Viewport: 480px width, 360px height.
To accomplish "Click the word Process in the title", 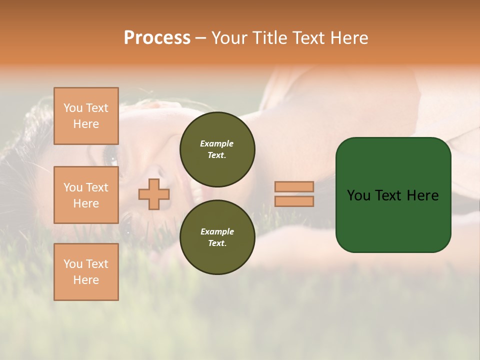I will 157,38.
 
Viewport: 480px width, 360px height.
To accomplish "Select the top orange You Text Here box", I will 86,116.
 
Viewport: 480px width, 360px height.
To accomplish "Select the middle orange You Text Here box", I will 86,195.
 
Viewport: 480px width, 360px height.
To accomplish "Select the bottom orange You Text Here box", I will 86,272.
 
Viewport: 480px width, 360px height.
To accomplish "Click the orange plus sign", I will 154,194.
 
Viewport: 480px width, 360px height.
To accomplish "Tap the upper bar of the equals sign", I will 294,186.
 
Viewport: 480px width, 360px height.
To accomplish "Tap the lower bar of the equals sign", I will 294,201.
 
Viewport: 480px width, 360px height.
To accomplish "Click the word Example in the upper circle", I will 217,143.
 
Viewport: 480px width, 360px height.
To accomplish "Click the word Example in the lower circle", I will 217,231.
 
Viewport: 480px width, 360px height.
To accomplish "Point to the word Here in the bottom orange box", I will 86,280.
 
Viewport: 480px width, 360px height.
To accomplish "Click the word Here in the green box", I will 423,195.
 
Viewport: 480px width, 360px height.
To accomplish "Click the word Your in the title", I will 230,38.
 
